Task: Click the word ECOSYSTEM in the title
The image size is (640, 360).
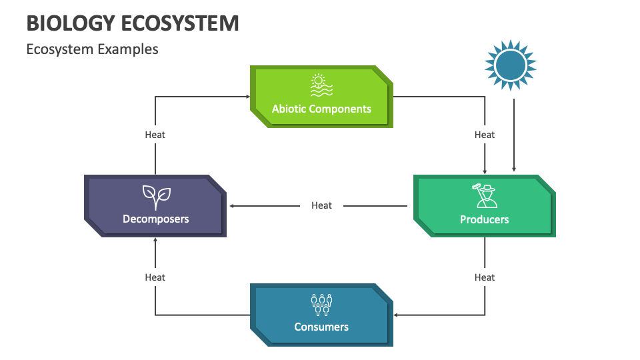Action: pyautogui.click(x=180, y=23)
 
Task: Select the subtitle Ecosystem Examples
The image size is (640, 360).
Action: pyautogui.click(x=92, y=49)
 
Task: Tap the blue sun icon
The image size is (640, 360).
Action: pyautogui.click(x=511, y=65)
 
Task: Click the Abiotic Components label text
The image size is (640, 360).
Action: pyautogui.click(x=321, y=109)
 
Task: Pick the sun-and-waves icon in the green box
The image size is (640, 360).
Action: pyautogui.click(x=321, y=86)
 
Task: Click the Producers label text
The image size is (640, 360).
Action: pyautogui.click(x=484, y=219)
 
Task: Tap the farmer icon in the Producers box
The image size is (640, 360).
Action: pyautogui.click(x=484, y=196)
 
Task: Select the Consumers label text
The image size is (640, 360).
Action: pyautogui.click(x=321, y=327)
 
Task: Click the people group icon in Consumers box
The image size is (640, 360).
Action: pyautogui.click(x=321, y=305)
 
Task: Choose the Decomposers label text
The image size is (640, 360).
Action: pyautogui.click(x=155, y=219)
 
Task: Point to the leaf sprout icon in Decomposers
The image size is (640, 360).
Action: pyautogui.click(x=156, y=196)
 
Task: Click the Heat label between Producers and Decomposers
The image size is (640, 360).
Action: pyautogui.click(x=321, y=205)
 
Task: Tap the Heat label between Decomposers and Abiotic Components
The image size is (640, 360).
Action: pyautogui.click(x=155, y=135)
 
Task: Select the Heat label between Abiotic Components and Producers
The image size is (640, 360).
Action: pyautogui.click(x=485, y=135)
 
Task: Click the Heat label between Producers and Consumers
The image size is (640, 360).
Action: pyautogui.click(x=485, y=277)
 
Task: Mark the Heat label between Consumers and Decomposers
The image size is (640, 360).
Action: pyautogui.click(x=155, y=277)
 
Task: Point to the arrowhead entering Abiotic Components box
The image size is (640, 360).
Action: pyautogui.click(x=247, y=97)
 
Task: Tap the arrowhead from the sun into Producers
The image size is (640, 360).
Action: pyautogui.click(x=513, y=169)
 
